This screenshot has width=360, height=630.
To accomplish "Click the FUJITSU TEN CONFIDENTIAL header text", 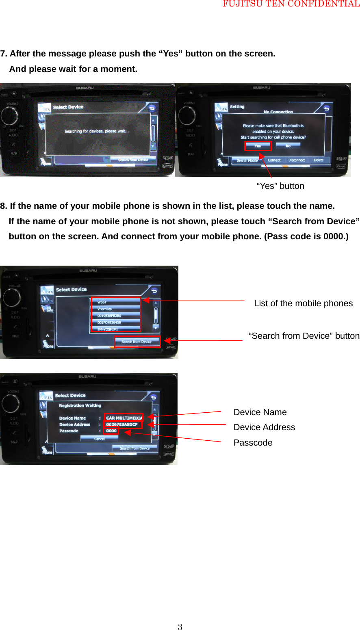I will tap(291, 4).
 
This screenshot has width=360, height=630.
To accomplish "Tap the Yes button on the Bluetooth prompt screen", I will tap(258, 146).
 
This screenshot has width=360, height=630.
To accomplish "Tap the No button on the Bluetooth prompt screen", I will tap(288, 146).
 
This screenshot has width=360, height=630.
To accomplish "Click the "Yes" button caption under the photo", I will tap(280, 186).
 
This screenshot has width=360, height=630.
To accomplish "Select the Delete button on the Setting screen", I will tap(319, 160).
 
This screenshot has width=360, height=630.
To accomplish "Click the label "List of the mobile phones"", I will tap(303, 303).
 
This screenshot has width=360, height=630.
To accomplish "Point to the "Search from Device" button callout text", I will tap(304, 336).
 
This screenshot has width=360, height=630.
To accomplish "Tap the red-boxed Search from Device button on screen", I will tap(137, 342).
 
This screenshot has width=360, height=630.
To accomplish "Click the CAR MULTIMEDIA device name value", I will tap(124, 418).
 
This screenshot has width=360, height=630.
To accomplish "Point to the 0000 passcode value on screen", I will tap(111, 431).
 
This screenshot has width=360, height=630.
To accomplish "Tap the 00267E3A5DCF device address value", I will tap(122, 424).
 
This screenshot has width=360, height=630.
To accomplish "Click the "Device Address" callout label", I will tap(264, 427).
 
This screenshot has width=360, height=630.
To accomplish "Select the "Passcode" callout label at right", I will tap(253, 443).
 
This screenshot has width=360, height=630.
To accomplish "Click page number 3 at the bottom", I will tap(180, 627).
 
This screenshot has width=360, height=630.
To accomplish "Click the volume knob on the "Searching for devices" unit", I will tap(9, 116).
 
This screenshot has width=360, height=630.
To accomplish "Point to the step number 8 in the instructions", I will tap(3, 206).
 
